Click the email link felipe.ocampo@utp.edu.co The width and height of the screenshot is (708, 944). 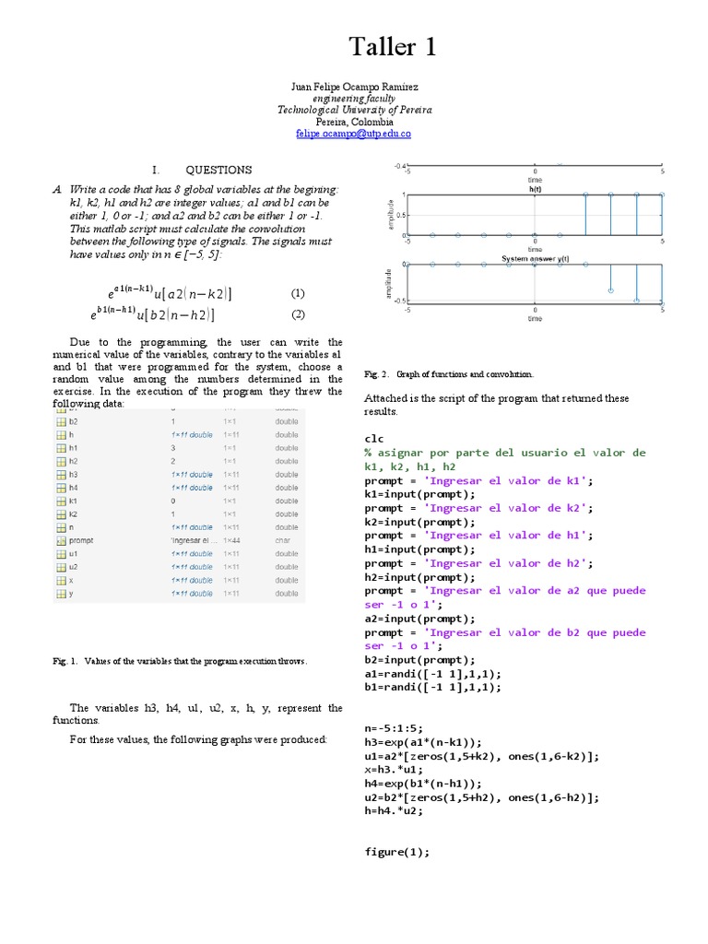coord(353,134)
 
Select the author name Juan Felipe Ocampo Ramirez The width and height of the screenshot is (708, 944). coord(354,87)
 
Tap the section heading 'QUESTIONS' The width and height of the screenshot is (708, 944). coord(218,170)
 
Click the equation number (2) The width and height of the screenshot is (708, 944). coord(298,314)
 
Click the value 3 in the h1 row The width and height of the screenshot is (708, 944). coord(173,447)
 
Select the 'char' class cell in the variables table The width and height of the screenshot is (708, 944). coord(284,540)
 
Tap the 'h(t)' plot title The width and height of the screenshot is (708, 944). coord(535,188)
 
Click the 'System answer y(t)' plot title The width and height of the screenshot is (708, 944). coord(535,259)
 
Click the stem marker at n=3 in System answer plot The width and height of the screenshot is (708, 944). coord(610,290)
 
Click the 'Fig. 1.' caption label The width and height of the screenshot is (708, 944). coord(67,661)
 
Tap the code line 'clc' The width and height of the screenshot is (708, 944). coord(373,439)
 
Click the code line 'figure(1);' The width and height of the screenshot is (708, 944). coord(397,852)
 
